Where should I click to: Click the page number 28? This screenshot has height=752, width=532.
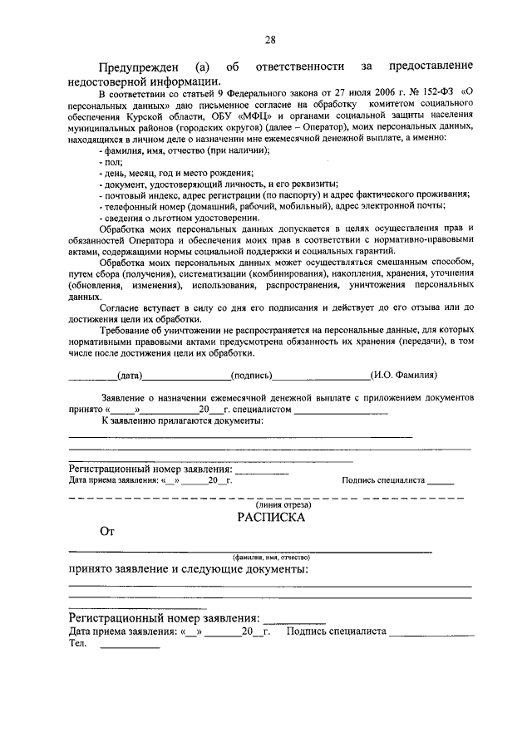270,39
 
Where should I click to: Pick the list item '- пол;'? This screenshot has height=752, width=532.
110,165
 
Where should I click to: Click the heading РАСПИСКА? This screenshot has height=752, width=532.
271,516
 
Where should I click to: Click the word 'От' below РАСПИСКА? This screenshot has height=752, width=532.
106,533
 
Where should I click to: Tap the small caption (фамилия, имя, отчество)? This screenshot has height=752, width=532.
271,557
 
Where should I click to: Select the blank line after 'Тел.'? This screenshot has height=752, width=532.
130,646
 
